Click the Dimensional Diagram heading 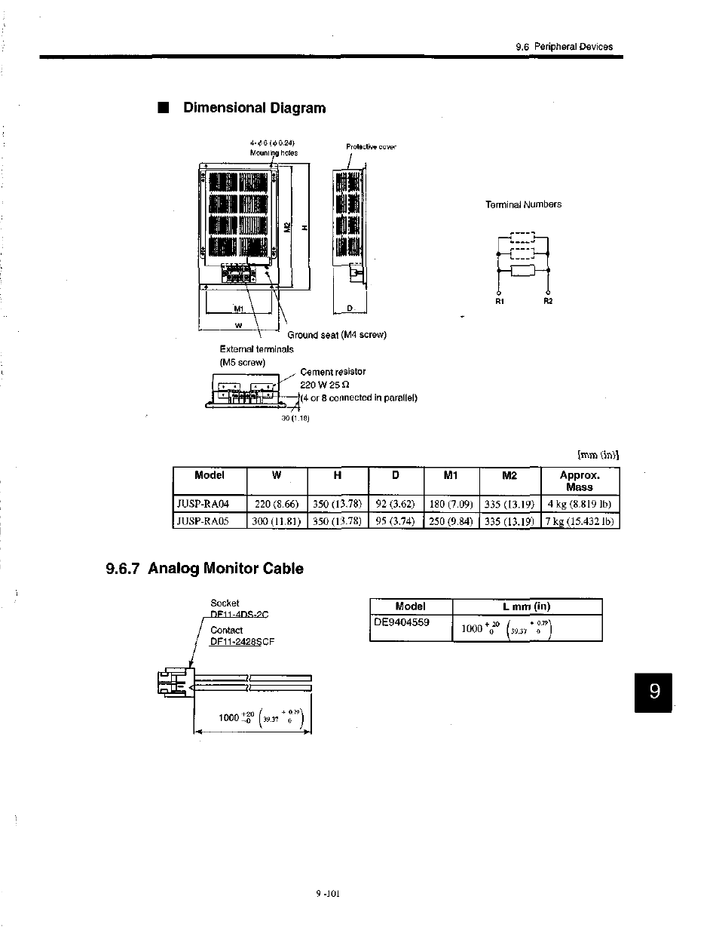[255, 108]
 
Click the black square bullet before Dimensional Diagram [162, 108]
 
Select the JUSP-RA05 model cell [202, 520]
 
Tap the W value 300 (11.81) [277, 520]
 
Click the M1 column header [451, 475]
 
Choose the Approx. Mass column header [580, 480]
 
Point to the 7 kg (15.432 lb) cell [580, 520]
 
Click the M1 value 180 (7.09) [451, 504]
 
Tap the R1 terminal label [499, 302]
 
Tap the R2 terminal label [548, 302]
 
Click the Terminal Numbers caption [523, 204]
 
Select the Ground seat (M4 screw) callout [337, 335]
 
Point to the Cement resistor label [332, 372]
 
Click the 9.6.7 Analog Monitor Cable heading [205, 569]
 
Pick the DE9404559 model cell [402, 622]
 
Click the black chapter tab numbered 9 [654, 692]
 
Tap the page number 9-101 [329, 894]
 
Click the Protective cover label [371, 147]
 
